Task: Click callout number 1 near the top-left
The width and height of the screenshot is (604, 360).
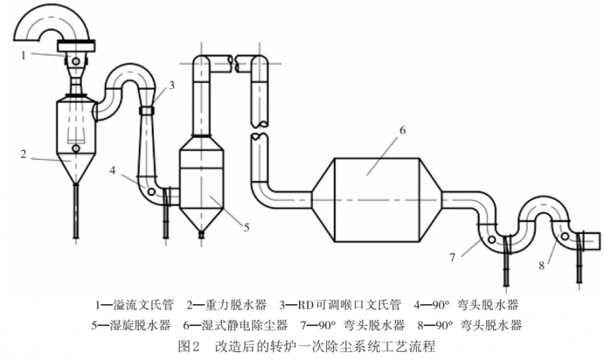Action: (24, 54)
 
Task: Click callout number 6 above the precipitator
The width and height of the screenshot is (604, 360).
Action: (402, 130)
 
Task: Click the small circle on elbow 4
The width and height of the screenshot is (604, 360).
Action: (152, 192)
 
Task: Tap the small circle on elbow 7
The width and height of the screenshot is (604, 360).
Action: (492, 241)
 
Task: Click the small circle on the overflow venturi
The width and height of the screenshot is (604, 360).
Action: (76, 60)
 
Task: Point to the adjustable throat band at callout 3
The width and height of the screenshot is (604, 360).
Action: (148, 111)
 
